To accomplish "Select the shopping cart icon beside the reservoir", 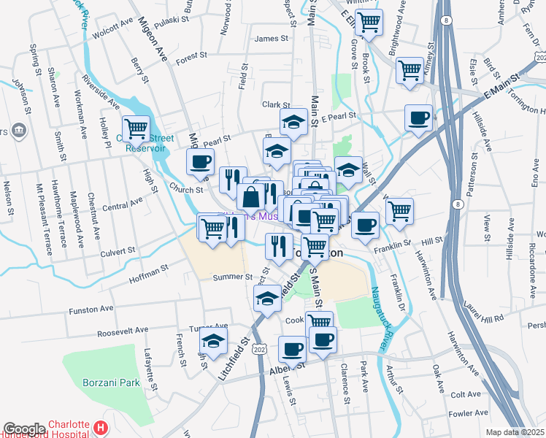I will (x=136, y=128).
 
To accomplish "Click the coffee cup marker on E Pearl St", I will (x=418, y=118).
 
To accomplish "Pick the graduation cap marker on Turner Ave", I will (x=214, y=340).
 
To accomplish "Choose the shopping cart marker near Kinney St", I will (x=409, y=70).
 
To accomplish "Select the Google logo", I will (x=23, y=429).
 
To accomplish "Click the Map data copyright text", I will (x=515, y=432).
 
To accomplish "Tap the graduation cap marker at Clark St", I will (x=293, y=121).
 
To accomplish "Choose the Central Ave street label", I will (x=122, y=202).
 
